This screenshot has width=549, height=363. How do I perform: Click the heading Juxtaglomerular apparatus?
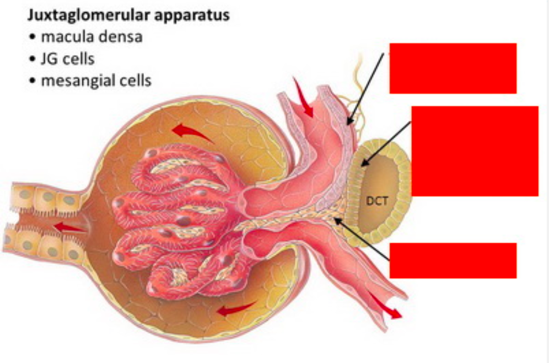click(x=128, y=15)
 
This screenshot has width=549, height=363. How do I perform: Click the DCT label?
click(x=376, y=201)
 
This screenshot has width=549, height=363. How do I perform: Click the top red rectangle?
click(x=453, y=68)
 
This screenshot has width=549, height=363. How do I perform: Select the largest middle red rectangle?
click(x=475, y=151)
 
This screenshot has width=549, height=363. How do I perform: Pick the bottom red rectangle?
click(x=453, y=260)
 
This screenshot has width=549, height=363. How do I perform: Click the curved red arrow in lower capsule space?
click(x=236, y=309)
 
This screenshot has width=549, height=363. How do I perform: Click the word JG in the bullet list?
click(x=48, y=58)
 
